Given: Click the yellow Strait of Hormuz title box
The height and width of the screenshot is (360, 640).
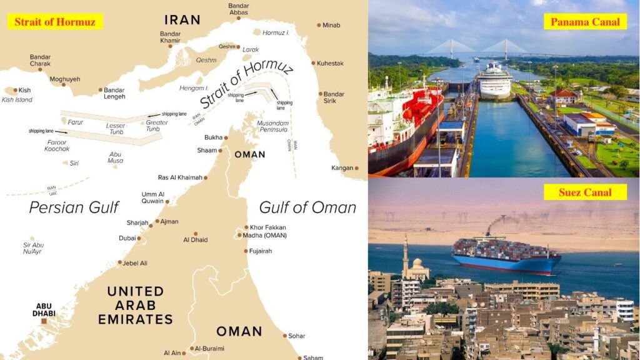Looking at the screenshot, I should pos(55,22).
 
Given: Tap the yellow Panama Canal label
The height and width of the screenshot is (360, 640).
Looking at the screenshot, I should pos(585,22).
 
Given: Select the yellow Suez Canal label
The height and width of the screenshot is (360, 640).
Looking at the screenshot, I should pos(585,192).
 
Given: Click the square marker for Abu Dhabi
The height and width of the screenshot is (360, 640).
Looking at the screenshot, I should pos(44,321).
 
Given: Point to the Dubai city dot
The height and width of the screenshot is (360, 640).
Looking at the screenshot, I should pos(139,238).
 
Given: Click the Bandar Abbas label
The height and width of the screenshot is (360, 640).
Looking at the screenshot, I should pos(238,9).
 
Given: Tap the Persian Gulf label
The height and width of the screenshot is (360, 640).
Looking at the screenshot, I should pos(74,207).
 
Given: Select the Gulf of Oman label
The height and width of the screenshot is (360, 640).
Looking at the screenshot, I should pos(307,207).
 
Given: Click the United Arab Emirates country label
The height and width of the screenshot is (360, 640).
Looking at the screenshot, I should pos(136,305).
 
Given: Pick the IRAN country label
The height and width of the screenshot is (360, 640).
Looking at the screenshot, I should pos(182,20).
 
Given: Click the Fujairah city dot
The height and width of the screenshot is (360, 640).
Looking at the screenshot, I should pos(246,251).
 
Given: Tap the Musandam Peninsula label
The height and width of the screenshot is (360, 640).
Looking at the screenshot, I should pos(272,126).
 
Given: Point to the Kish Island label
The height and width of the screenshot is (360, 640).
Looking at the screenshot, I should pos(17,99).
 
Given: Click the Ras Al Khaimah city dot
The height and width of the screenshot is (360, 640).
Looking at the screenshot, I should pos(206,177).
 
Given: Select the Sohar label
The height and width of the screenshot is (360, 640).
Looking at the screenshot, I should pos(296,336).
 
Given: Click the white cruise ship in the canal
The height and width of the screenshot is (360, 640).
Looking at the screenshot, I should pos(496,80).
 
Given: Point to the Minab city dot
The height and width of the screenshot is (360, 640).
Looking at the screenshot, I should pos(319,25).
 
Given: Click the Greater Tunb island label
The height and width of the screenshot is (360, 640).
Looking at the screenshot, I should pos(156,126).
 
